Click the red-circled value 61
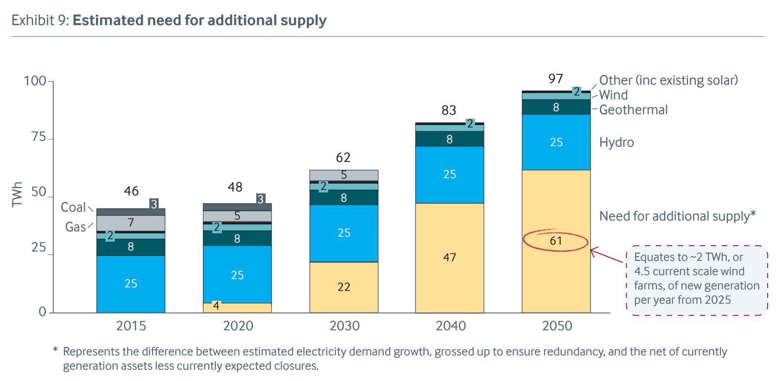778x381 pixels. [x=556, y=241]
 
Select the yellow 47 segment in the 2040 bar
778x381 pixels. [x=449, y=257]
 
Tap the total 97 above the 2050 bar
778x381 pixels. [x=555, y=79]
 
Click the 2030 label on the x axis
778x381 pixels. [x=344, y=326]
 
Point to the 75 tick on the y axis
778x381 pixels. [x=38, y=137]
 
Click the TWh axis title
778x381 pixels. [x=17, y=194]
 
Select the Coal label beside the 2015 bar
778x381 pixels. [x=73, y=207]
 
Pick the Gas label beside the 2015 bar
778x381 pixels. [x=75, y=227]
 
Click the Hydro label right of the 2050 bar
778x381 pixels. [x=616, y=143]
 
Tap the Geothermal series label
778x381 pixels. [x=633, y=110]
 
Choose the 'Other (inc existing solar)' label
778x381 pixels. [x=668, y=80]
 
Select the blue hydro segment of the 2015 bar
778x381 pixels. [x=131, y=284]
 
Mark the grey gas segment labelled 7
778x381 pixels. [x=131, y=223]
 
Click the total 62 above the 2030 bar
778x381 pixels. [x=343, y=158]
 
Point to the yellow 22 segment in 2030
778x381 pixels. [x=343, y=287]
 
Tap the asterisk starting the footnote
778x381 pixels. [x=56, y=351]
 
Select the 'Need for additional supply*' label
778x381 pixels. [x=677, y=216]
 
